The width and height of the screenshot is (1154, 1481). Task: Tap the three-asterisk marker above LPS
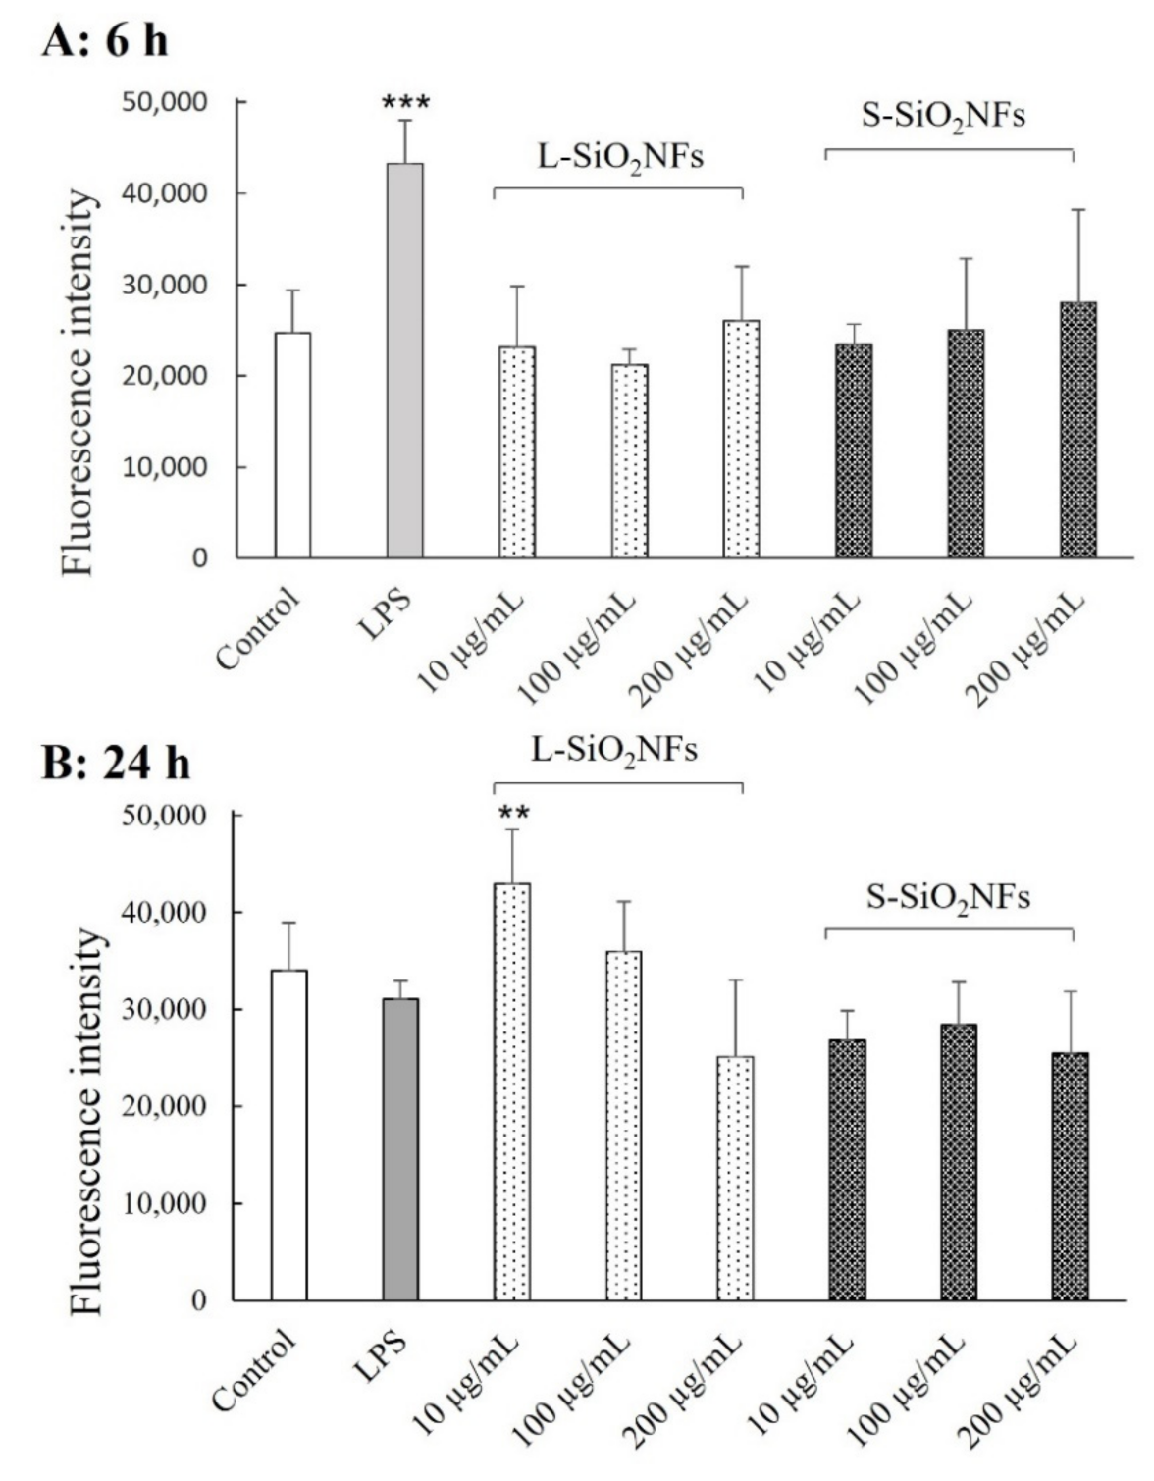tap(405, 103)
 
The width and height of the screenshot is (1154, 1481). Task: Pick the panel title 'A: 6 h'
tap(105, 42)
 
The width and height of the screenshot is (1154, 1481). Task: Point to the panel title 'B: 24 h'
tap(115, 763)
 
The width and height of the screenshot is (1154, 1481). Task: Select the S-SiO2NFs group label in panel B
tap(948, 897)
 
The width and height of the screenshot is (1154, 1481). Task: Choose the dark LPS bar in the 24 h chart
tap(400, 1149)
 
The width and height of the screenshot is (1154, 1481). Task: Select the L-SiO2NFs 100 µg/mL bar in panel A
tap(629, 461)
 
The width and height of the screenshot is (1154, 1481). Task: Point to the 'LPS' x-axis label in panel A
tap(385, 613)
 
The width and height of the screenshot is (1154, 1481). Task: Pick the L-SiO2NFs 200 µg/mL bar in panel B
tap(735, 1178)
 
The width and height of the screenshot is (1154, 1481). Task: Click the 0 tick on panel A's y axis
tap(200, 558)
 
